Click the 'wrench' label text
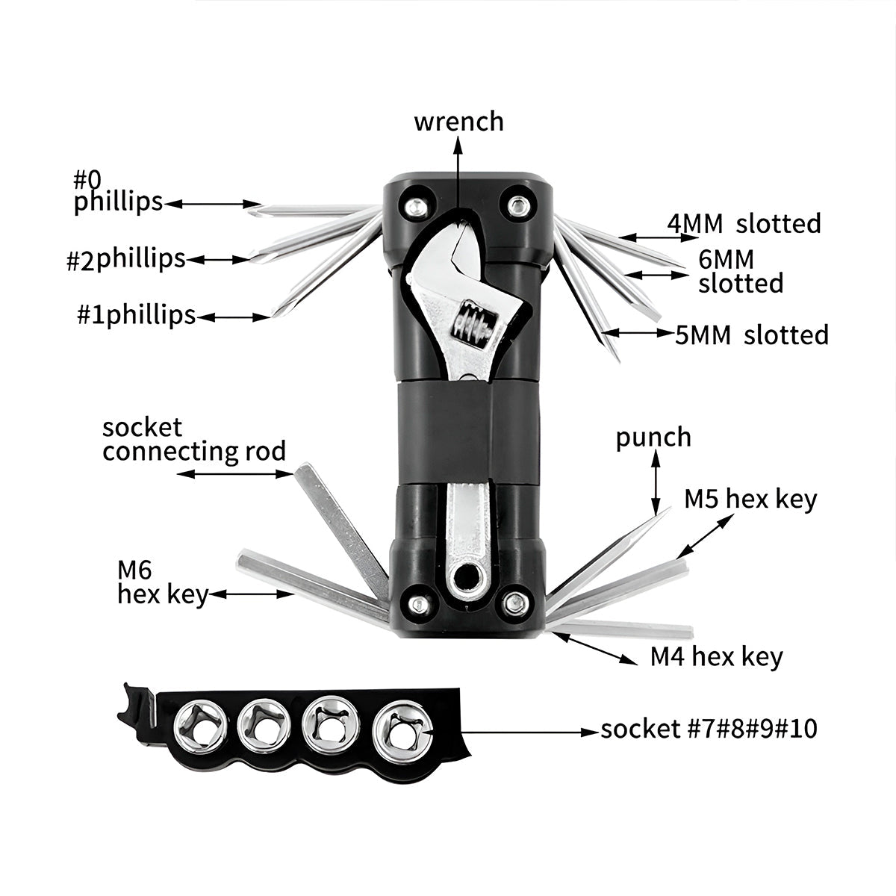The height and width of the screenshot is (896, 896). coord(458,122)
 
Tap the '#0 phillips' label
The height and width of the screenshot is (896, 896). coord(117,191)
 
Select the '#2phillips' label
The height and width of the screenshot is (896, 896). coord(125,259)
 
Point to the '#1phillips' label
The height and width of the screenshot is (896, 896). coord(136,315)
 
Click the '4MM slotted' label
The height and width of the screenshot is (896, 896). coord(744,223)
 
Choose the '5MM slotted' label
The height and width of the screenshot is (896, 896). coord(752,335)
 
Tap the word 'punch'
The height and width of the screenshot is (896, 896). coord(653,438)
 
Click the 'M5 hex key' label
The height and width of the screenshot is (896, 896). coord(750,499)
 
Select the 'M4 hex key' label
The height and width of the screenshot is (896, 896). coord(716,657)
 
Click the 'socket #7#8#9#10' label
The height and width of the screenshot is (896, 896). coord(709,729)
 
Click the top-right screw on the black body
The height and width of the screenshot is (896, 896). coord(517,203)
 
